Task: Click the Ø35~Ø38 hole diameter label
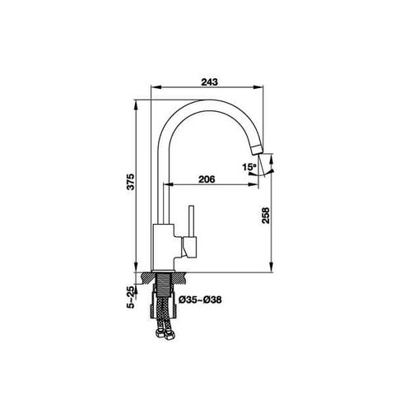tap(200, 300)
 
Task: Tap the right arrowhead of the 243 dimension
tap(268, 88)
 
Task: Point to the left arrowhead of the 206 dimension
tap(170, 186)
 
